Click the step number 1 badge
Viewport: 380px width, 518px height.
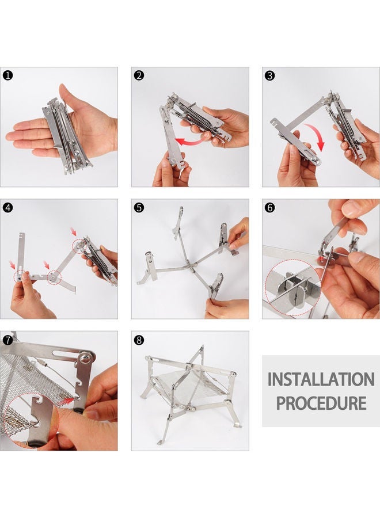(x=8, y=75)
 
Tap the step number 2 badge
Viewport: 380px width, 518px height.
(x=139, y=75)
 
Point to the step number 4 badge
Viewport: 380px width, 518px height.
(x=8, y=207)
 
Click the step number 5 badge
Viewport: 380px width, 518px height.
(x=139, y=207)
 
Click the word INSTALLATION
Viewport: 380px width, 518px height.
(x=321, y=380)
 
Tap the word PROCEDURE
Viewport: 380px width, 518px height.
(x=321, y=402)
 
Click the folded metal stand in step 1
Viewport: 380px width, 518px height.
(x=66, y=132)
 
